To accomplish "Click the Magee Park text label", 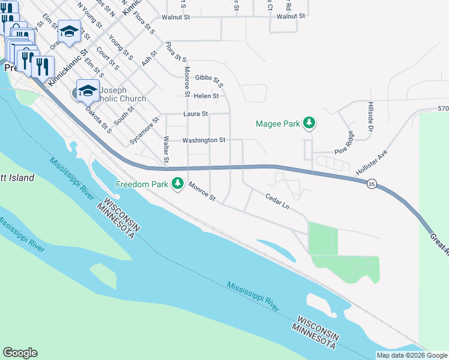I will pyautogui.click(x=277, y=124).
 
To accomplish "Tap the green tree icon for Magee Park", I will pyautogui.click(x=309, y=123).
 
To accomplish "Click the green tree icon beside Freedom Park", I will pyautogui.click(x=177, y=184).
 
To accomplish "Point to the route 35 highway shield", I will pyautogui.click(x=372, y=186).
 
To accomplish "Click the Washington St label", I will pyautogui.click(x=203, y=140).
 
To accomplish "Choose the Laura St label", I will pyautogui.click(x=196, y=113).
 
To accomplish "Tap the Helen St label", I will pyautogui.click(x=206, y=95).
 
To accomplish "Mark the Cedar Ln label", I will pyautogui.click(x=277, y=201).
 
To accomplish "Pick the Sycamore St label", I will pyautogui.click(x=144, y=131).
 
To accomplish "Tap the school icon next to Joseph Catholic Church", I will pyautogui.click(x=88, y=90).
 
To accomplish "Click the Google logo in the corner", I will pyautogui.click(x=20, y=353).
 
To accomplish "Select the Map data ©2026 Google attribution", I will pyautogui.click(x=412, y=355).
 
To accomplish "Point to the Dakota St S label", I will pyautogui.click(x=99, y=118).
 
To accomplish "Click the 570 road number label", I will pyautogui.click(x=443, y=109).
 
